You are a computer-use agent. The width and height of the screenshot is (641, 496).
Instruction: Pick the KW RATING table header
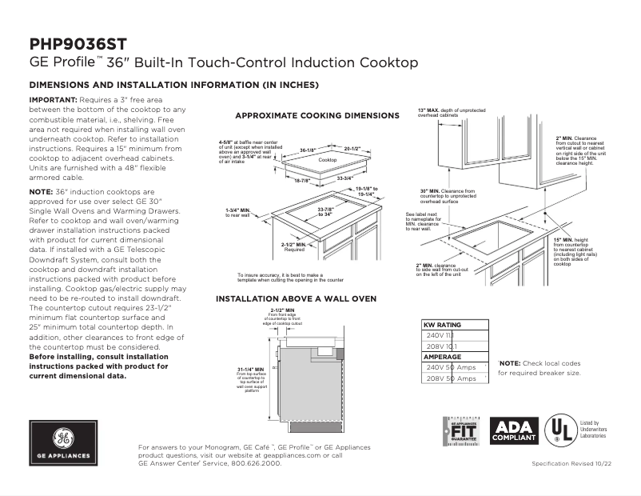tap(442, 325)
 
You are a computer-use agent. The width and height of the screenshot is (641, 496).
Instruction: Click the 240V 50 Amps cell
tap(451, 367)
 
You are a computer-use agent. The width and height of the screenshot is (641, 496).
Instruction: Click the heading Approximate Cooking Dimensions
tap(317, 116)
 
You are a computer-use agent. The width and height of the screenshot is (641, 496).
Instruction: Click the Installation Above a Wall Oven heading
tap(296, 298)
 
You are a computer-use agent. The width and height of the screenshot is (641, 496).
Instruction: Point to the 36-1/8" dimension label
tap(309, 150)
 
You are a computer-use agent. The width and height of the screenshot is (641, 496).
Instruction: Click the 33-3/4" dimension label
tap(346, 178)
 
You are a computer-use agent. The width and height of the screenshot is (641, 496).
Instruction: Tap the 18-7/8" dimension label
tap(301, 181)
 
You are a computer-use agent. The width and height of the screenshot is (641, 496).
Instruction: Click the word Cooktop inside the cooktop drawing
tap(328, 161)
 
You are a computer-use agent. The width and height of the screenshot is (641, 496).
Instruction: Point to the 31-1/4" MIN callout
tap(251, 370)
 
